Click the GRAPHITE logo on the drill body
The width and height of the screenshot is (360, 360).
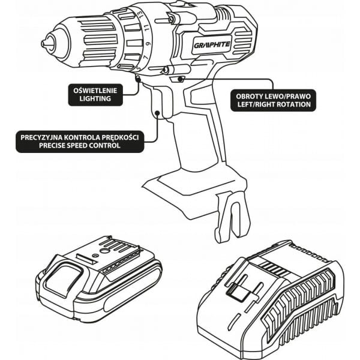[x=212, y=45]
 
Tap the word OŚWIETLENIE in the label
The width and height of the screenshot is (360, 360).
[x=95, y=91]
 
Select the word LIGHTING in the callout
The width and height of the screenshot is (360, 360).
[x=95, y=98]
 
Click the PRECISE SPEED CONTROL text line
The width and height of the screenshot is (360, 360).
[x=79, y=146]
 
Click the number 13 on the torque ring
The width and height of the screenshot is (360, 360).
[x=142, y=15]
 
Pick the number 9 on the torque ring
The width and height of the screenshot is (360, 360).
[x=149, y=43]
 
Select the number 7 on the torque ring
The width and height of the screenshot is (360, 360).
[x=145, y=58]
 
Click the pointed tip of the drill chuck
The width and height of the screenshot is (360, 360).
[x=43, y=44]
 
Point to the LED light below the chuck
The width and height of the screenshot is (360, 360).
[x=138, y=79]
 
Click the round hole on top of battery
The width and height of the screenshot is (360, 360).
[x=105, y=251]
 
